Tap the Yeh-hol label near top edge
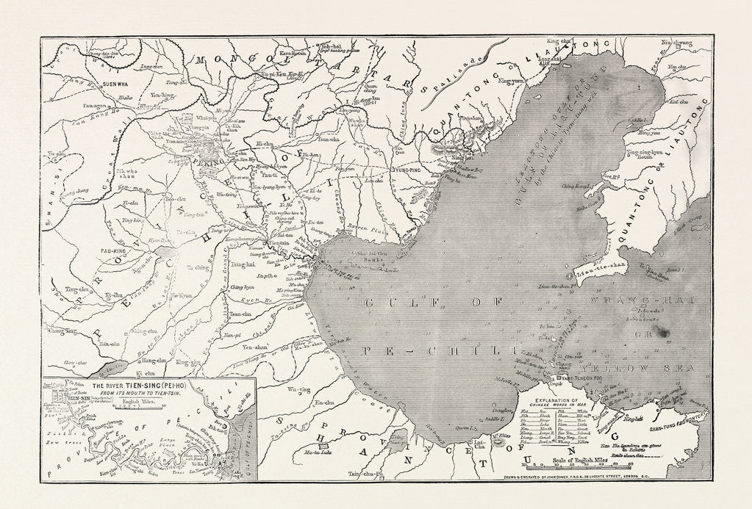tap(329, 46)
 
